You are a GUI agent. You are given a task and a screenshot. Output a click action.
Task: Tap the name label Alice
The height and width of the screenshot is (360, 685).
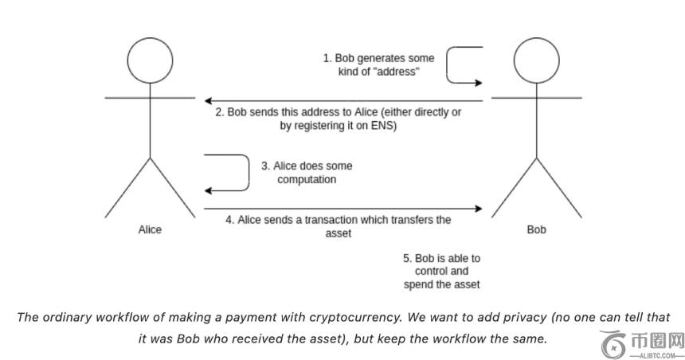[x=150, y=229]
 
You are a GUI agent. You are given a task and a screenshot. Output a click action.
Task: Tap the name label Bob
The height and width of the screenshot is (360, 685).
[x=536, y=229]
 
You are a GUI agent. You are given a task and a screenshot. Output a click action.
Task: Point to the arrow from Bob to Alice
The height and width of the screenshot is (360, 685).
[x=342, y=100]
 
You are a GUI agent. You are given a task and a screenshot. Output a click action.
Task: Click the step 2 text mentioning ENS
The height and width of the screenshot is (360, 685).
[x=339, y=119]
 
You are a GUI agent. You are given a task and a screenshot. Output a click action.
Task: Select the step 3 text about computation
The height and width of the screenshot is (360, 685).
[x=307, y=173]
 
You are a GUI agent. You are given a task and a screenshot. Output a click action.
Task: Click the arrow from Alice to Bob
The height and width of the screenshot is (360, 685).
[x=342, y=209]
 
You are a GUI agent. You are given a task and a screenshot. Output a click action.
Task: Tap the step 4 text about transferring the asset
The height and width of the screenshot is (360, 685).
[x=339, y=227]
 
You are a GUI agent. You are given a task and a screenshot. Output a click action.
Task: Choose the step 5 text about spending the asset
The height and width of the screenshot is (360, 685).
[x=442, y=271]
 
